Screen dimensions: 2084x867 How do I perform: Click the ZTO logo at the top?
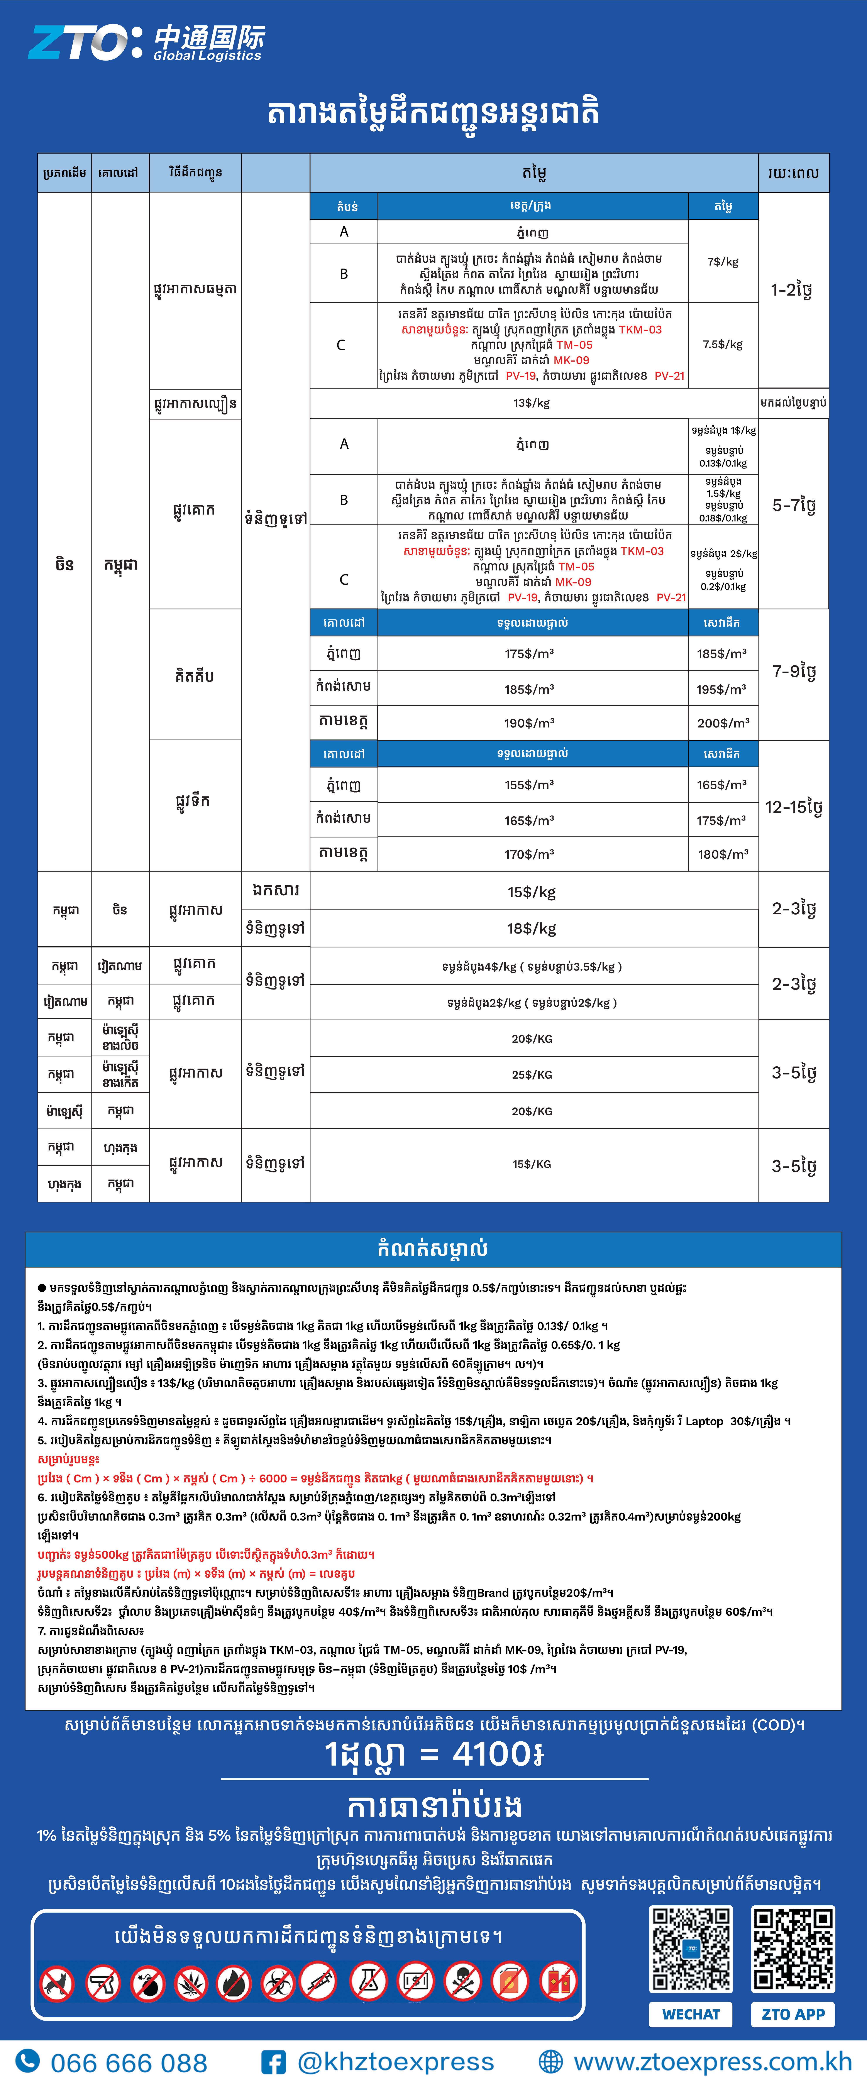[x=146, y=42]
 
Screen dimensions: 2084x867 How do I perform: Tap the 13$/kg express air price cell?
[x=531, y=403]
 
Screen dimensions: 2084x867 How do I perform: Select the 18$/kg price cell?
[x=531, y=929]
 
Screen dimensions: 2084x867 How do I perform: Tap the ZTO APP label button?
[x=792, y=2015]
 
